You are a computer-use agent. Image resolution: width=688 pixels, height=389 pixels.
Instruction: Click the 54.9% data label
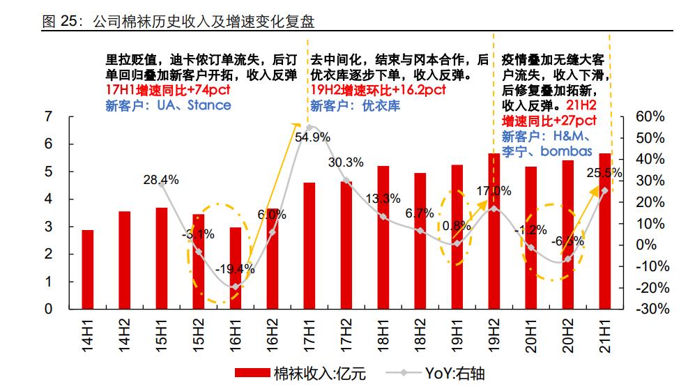click(312, 137)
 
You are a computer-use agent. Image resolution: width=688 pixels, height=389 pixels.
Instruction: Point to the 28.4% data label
click(161, 180)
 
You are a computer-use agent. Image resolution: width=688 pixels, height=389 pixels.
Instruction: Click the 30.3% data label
click(346, 162)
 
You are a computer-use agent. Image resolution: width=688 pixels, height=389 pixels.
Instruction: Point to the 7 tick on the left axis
click(48, 116)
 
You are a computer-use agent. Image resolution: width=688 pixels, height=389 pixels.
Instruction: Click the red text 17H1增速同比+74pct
click(167, 90)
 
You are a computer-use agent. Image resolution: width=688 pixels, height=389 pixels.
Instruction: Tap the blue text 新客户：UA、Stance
click(167, 105)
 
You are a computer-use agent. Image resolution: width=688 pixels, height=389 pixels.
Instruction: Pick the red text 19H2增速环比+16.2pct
click(378, 90)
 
